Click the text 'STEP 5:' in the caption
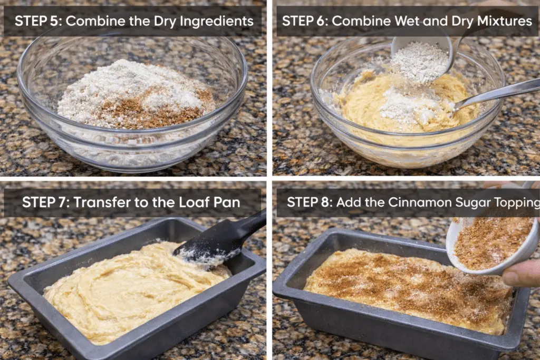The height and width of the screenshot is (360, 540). tap(38, 21)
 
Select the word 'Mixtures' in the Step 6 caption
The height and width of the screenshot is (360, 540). tap(504, 21)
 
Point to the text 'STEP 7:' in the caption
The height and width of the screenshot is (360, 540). tap(46, 202)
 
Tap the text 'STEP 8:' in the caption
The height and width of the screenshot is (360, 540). tap(310, 202)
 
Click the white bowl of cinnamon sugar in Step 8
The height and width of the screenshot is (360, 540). tap(493, 241)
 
